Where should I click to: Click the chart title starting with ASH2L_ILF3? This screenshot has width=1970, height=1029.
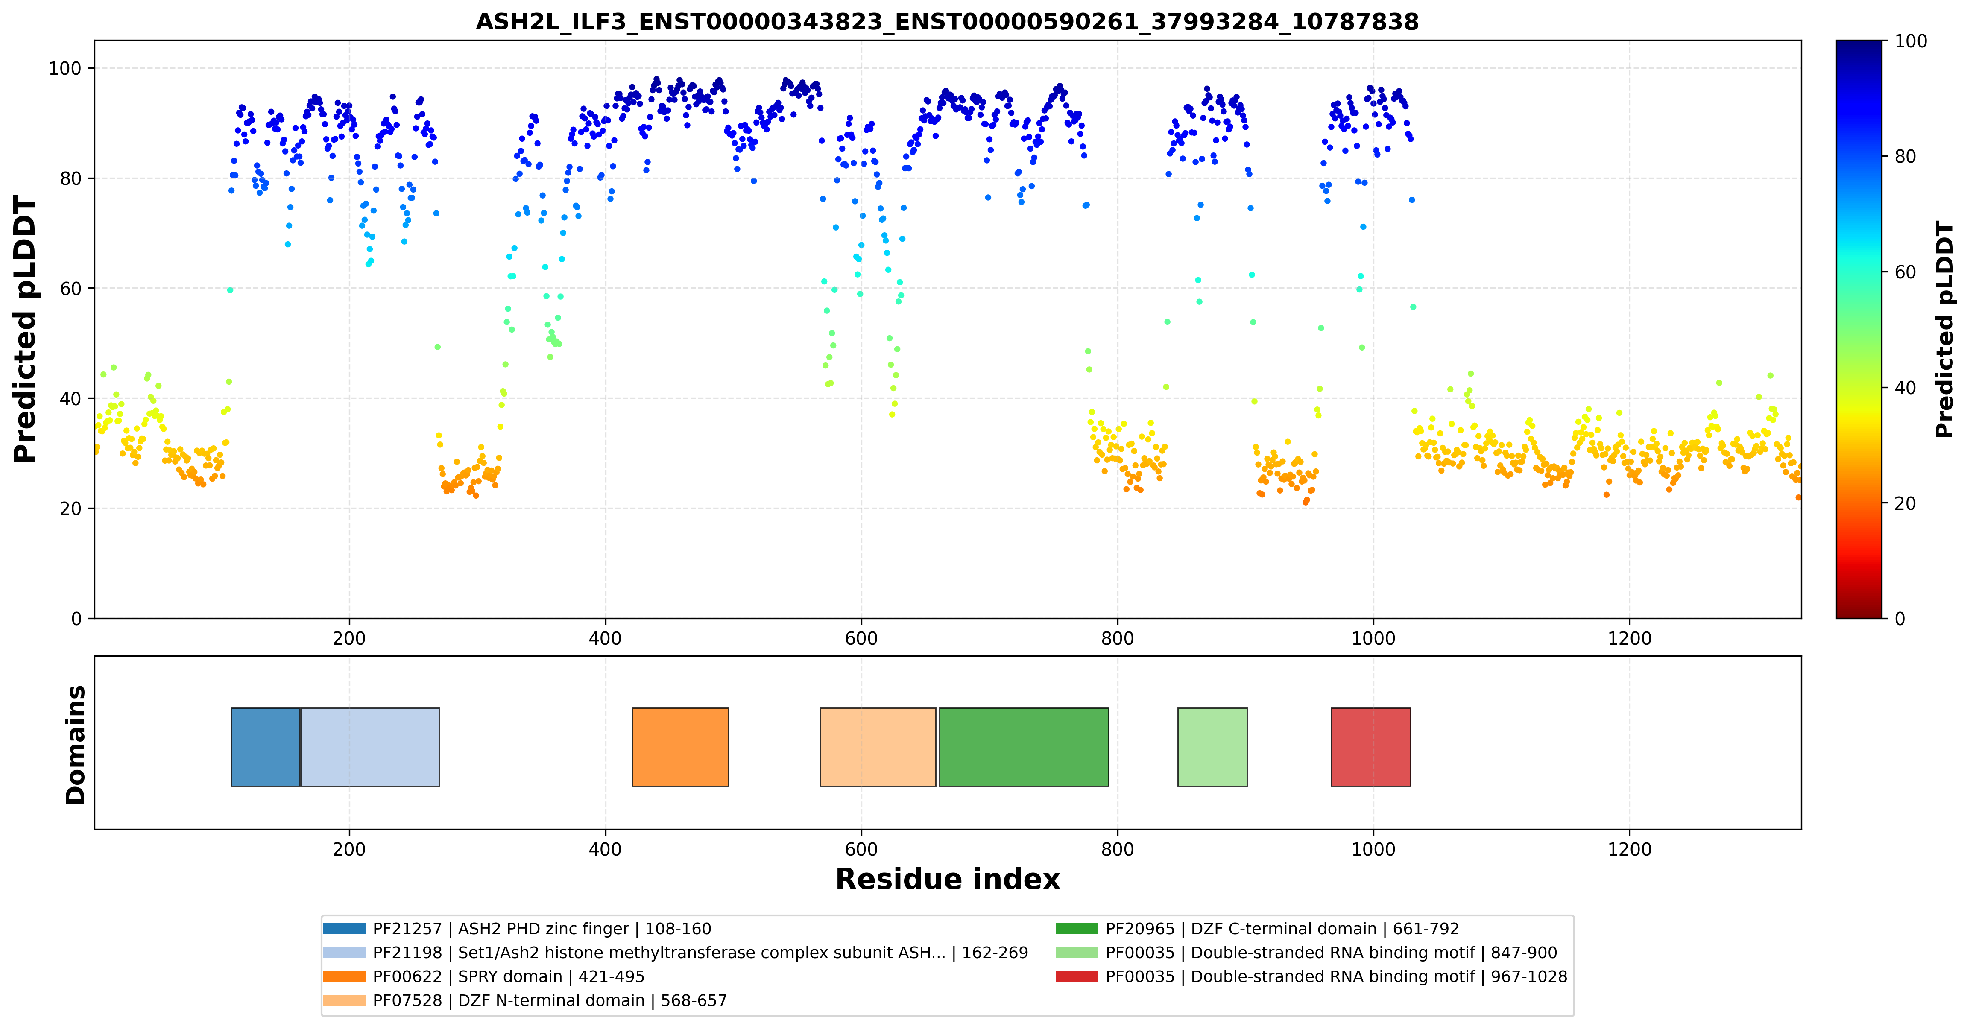click(x=947, y=21)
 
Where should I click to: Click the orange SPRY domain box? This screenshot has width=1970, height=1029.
click(x=680, y=747)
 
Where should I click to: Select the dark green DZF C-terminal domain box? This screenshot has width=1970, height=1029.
click(x=1024, y=747)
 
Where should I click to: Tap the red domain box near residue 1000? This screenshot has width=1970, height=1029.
click(x=1370, y=747)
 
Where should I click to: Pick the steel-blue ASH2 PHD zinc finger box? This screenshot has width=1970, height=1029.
click(x=265, y=747)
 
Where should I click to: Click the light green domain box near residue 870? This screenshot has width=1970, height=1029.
click(x=1212, y=747)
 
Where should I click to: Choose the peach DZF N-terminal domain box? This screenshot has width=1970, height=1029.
click(x=878, y=747)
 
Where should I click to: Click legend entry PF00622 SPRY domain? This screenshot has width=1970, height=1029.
click(x=483, y=976)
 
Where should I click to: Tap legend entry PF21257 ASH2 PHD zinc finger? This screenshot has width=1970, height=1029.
click(x=517, y=929)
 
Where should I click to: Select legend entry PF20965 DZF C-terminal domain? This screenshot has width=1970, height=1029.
click(x=1257, y=929)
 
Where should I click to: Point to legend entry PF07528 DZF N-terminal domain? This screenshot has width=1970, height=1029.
click(x=524, y=1000)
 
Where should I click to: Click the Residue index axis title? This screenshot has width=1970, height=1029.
click(x=948, y=879)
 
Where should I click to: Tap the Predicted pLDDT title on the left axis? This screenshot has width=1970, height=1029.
click(x=25, y=330)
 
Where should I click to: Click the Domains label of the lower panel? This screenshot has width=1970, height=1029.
click(x=76, y=745)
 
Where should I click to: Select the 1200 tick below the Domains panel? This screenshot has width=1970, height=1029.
click(x=1630, y=849)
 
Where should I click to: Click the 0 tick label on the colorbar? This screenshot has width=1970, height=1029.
click(x=1900, y=619)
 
